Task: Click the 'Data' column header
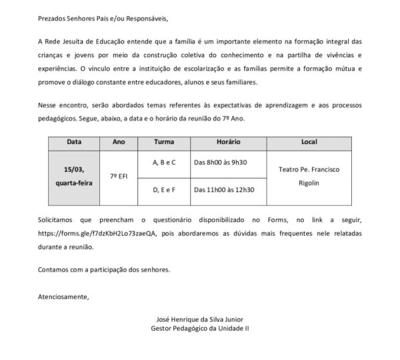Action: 74,142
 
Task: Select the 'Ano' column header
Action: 119,142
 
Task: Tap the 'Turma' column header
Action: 164,142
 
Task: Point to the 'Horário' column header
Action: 228,142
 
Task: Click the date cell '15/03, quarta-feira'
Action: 74,176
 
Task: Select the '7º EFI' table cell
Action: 119,176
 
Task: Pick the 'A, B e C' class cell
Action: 164,163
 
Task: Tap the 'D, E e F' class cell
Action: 164,190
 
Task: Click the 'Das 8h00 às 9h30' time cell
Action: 221,163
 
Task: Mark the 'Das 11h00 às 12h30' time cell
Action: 224,190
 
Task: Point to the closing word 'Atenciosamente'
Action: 63,295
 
